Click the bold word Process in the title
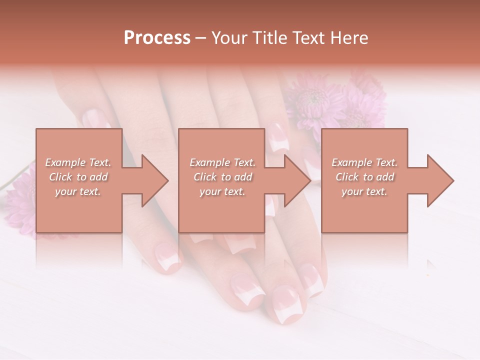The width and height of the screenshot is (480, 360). point(157,38)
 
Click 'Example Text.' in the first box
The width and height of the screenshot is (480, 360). point(78,162)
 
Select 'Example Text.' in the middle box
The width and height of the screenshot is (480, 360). point(222,162)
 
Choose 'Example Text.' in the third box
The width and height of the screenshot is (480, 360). point(364,162)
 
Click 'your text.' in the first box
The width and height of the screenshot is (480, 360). point(78,191)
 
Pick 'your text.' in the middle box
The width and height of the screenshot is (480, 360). point(222,191)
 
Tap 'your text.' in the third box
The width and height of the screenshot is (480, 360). point(364,191)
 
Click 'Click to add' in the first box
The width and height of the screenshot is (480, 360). point(78,177)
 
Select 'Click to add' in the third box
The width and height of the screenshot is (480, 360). point(364,177)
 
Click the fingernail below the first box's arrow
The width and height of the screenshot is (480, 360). point(167,257)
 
